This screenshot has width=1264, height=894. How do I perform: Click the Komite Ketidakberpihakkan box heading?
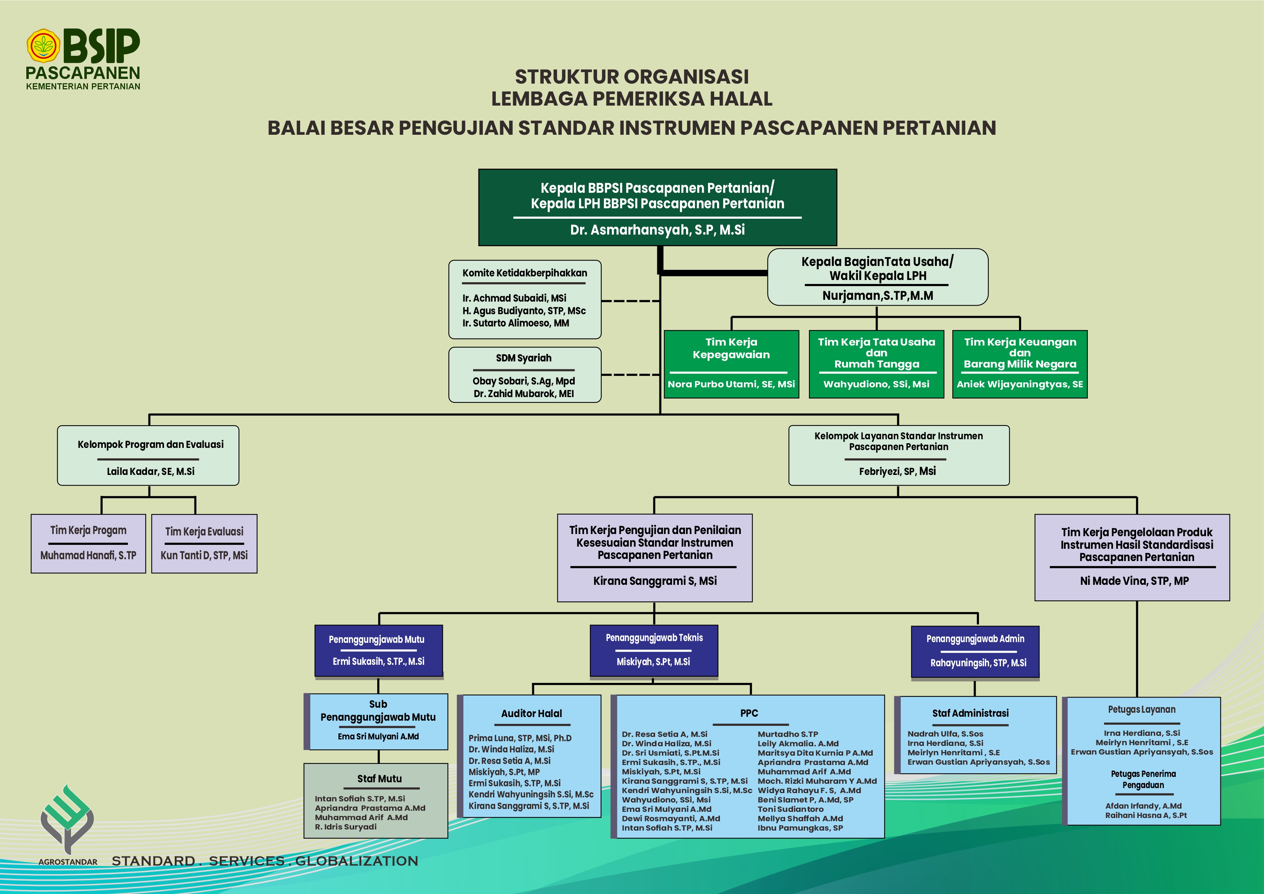point(525,273)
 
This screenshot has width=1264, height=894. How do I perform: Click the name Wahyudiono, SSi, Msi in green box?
point(876,384)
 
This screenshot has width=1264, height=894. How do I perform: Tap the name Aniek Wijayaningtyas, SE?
point(1020,384)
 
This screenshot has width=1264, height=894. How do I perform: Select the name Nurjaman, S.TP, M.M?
point(877,295)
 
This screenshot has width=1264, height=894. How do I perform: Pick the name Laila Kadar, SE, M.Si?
point(150,471)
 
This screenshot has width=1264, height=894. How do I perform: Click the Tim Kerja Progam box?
point(88,543)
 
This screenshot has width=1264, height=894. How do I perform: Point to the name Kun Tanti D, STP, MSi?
point(204,555)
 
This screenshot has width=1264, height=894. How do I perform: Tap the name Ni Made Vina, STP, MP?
point(1134,581)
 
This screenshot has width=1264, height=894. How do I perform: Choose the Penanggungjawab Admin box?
point(975,651)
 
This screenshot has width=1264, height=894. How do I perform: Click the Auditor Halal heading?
point(531,713)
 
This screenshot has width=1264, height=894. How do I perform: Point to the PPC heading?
point(749,713)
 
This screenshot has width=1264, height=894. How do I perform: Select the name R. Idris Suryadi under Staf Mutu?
point(346,827)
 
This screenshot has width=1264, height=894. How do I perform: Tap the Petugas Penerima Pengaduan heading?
point(1143,779)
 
